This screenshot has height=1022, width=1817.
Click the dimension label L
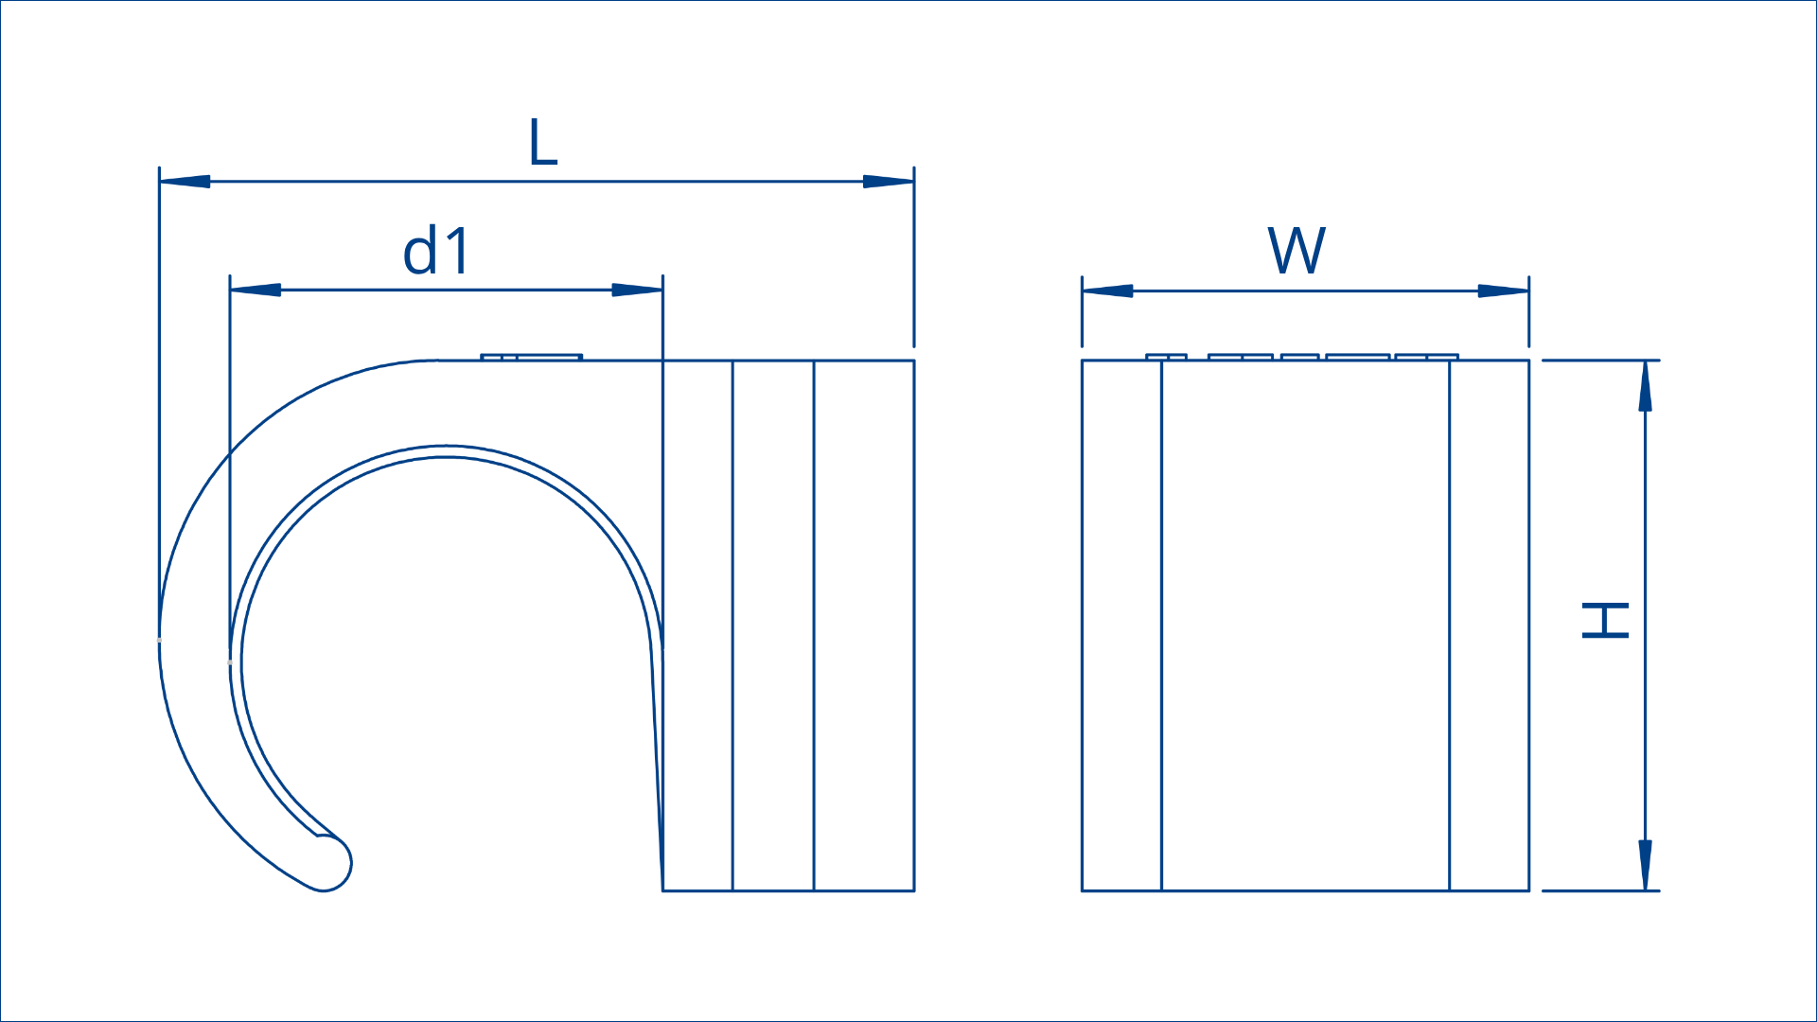[x=543, y=143]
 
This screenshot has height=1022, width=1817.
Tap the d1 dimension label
[x=436, y=251]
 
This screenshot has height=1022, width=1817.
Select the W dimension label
[x=1297, y=251]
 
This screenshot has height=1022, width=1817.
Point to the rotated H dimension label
[x=1605, y=621]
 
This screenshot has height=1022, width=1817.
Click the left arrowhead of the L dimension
[x=185, y=181]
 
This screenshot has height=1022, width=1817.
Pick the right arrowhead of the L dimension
[x=889, y=181]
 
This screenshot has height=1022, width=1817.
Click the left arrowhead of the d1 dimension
[x=256, y=290]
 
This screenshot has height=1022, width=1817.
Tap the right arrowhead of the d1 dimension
[x=637, y=290]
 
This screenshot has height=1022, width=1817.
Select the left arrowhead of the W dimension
[x=1108, y=291]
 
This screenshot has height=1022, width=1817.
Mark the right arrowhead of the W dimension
[x=1504, y=291]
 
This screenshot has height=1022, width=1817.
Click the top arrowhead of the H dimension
[x=1646, y=386]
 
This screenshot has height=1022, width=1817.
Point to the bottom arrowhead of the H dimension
[x=1646, y=865]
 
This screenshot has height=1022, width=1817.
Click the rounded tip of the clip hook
[x=330, y=864]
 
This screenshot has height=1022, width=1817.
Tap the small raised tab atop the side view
[x=531, y=358]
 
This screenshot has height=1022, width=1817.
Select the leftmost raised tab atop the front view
[x=1166, y=358]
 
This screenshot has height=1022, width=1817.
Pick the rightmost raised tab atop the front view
[x=1426, y=358]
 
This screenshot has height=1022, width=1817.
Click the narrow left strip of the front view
[x=1122, y=626]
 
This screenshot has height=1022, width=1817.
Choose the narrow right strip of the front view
[x=1490, y=626]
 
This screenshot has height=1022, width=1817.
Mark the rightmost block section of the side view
[x=864, y=626]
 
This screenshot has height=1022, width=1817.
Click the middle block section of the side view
[x=773, y=626]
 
